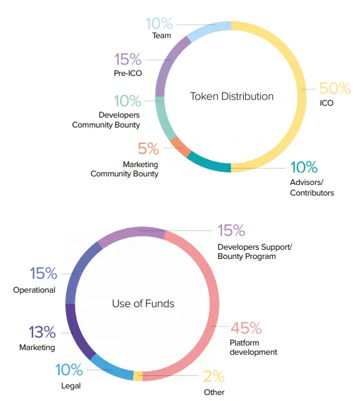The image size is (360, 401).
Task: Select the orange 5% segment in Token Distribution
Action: pos(180,147)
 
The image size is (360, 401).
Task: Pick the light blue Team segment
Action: pos(209,30)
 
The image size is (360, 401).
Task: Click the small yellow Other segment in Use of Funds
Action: pos(138,376)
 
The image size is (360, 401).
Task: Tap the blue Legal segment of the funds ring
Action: pos(110,368)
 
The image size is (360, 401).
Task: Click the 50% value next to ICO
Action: pos(335,89)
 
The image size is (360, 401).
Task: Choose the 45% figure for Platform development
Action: pos(246,328)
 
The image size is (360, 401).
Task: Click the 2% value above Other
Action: pos(214,376)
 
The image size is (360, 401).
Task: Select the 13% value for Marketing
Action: pos(42,332)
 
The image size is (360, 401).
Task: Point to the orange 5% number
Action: pos(149,149)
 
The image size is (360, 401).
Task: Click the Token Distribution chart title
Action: pos(232,96)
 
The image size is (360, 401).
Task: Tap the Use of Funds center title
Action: pos(143,304)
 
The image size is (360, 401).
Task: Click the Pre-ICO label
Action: pos(128,73)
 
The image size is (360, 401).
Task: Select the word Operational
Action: pos(34,290)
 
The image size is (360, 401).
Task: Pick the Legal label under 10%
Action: pos(71,386)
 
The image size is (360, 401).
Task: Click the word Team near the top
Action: pos(162,36)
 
